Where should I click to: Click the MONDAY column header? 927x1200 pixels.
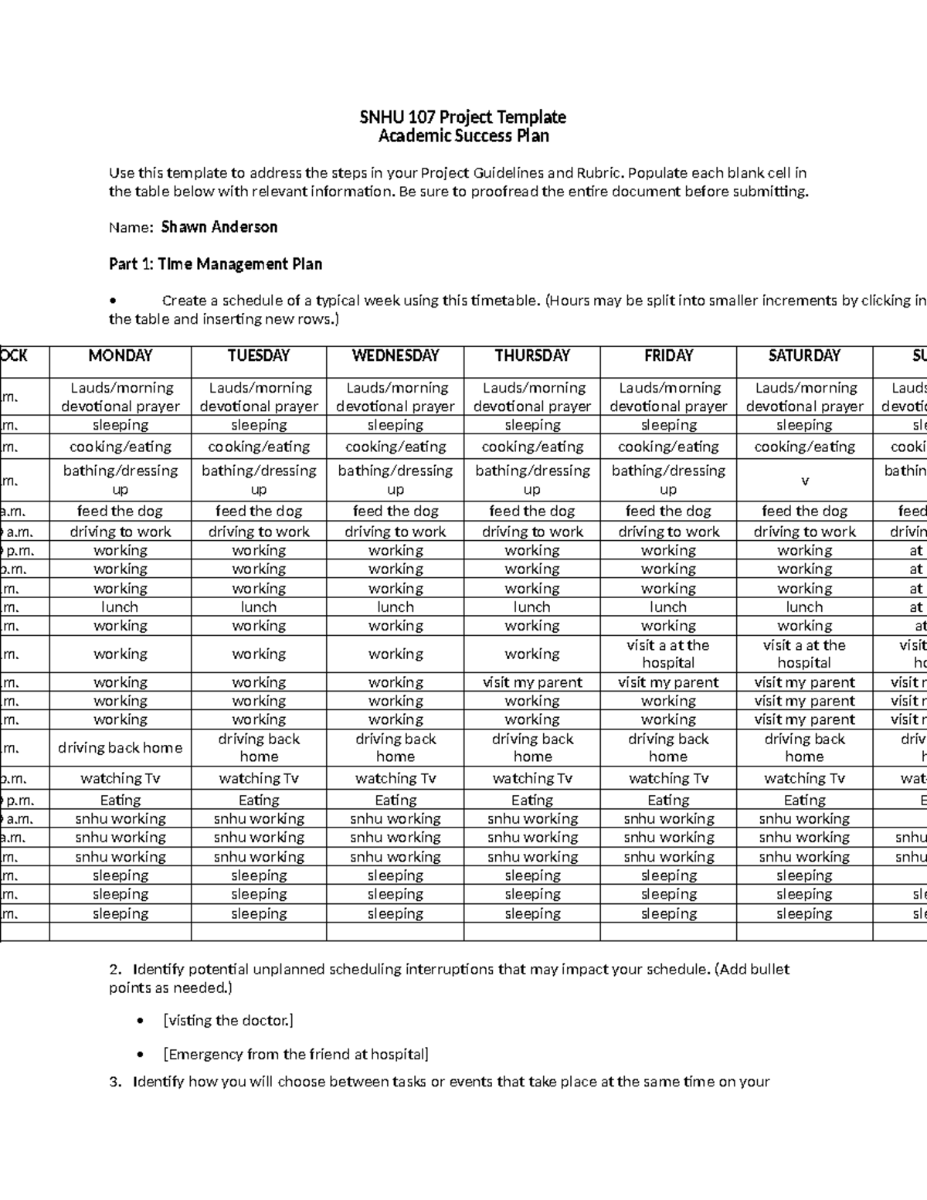tap(120, 355)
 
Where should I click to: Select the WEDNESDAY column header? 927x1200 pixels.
tap(395, 355)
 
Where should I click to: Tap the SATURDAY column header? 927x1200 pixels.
tap(804, 355)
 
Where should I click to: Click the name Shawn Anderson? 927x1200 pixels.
tap(219, 227)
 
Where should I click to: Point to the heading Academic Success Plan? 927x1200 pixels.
tap(463, 136)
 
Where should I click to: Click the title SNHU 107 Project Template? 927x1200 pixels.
tap(463, 117)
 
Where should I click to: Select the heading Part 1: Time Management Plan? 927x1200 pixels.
tap(216, 264)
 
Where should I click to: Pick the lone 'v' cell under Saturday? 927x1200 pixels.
tap(804, 481)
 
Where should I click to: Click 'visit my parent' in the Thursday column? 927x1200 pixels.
tap(532, 682)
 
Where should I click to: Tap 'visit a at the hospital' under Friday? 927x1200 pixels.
tap(668, 654)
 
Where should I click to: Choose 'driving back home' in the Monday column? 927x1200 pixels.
tap(120, 748)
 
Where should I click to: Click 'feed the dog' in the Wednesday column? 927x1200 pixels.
tap(395, 511)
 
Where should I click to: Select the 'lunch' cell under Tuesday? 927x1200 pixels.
tap(258, 607)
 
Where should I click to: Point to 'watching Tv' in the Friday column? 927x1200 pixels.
tap(668, 778)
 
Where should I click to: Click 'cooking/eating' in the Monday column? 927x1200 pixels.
tap(120, 447)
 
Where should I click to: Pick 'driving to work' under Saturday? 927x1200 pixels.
tap(804, 532)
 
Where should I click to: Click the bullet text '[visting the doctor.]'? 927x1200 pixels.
tap(229, 1021)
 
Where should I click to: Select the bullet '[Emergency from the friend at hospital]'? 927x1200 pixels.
tap(296, 1055)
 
